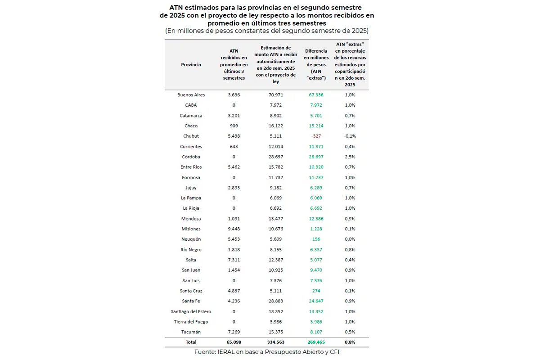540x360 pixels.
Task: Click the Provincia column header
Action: pos(191,65)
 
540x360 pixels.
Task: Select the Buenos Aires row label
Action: pos(191,95)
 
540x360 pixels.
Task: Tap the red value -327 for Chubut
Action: pos(316,136)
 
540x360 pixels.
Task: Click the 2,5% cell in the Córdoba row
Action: pos(350,157)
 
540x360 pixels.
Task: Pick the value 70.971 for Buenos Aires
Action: pos(276,95)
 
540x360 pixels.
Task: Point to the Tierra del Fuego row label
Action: pos(191,322)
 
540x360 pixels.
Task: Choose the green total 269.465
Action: pos(316,342)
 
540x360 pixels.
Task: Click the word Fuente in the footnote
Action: pos(205,352)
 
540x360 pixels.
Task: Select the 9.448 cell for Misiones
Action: pos(234,229)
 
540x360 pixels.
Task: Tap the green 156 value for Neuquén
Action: pos(316,239)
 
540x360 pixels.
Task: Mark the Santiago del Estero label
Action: pos(191,311)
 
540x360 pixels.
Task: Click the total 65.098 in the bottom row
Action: pos(234,342)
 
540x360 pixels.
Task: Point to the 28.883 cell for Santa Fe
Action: pos(276,301)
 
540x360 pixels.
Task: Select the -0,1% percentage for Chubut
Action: pos(350,136)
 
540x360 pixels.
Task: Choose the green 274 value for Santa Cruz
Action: pos(316,291)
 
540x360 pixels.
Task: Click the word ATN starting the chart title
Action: pos(176,8)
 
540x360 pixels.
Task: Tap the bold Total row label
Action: pos(191,342)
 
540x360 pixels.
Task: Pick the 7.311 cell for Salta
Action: pos(234,260)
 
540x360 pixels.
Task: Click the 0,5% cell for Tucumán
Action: pos(350,332)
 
